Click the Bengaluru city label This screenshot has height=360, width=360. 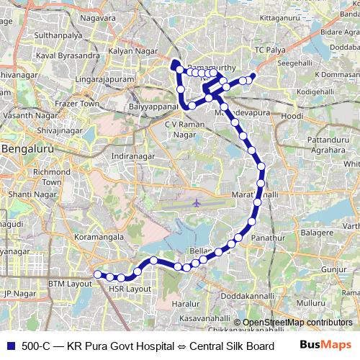pos(30,149)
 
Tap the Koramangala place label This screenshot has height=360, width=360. pos(81,234)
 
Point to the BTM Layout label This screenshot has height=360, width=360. pos(66,284)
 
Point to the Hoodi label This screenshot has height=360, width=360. pos(292,116)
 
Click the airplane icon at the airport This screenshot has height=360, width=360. pos(197,203)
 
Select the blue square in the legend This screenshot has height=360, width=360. pos(11,346)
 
